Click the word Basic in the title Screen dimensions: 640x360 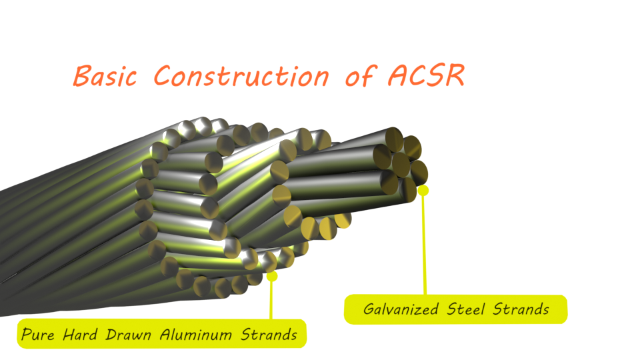click(105, 76)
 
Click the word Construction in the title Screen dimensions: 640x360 click(241, 75)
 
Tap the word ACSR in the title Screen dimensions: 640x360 click(426, 75)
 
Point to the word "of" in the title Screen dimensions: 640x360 click(361, 75)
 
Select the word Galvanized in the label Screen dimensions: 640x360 click(401, 309)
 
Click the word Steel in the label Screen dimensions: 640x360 click(466, 309)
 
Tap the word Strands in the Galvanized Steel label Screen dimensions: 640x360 click(521, 309)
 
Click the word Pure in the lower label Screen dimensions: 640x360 click(37, 334)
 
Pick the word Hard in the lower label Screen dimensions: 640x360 click(81, 334)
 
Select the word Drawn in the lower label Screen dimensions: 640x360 click(128, 334)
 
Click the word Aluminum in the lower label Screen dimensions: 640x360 click(196, 334)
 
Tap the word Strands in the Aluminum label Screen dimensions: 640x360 click(269, 334)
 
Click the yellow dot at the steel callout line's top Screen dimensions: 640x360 click(423, 190)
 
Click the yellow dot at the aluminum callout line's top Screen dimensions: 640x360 click(272, 276)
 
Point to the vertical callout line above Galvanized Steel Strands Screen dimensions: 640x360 click(425, 244)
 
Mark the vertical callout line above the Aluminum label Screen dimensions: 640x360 click(271, 299)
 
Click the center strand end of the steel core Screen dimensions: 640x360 click(401, 165)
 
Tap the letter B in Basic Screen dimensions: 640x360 click(83, 76)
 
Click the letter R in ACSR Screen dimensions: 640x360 click(455, 75)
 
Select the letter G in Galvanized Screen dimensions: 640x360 click(369, 309)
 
